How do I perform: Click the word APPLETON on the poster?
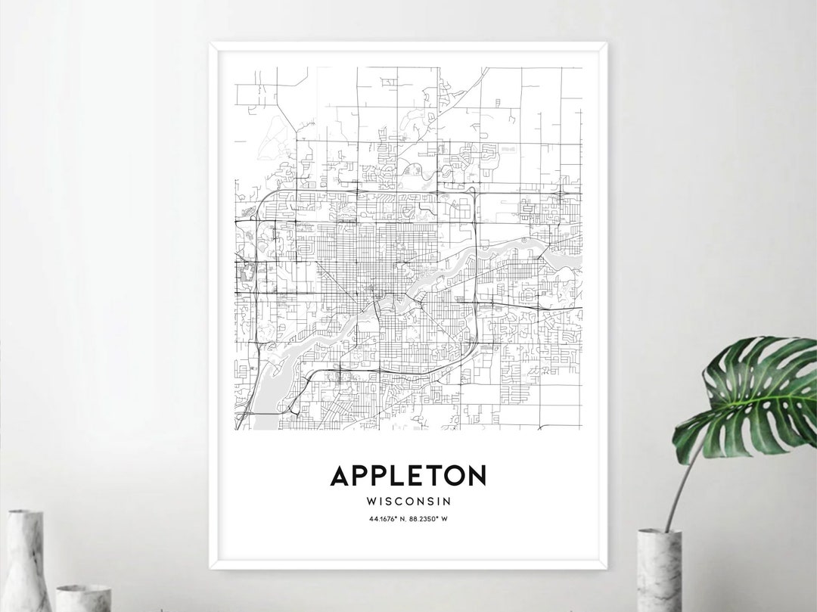(x=408, y=476)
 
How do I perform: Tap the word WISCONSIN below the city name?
(x=408, y=501)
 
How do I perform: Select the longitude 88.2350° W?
(x=432, y=518)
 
